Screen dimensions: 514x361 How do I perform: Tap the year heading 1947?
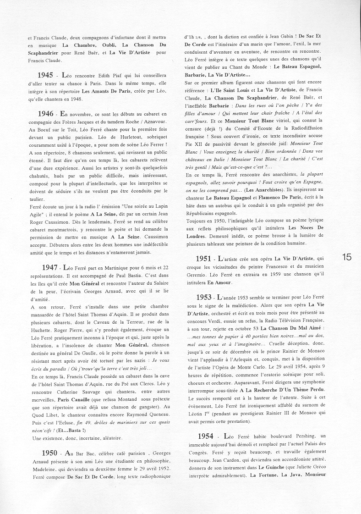pyautogui.click(x=49, y=267)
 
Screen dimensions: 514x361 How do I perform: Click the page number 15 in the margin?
pyautogui.click(x=347, y=257)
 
